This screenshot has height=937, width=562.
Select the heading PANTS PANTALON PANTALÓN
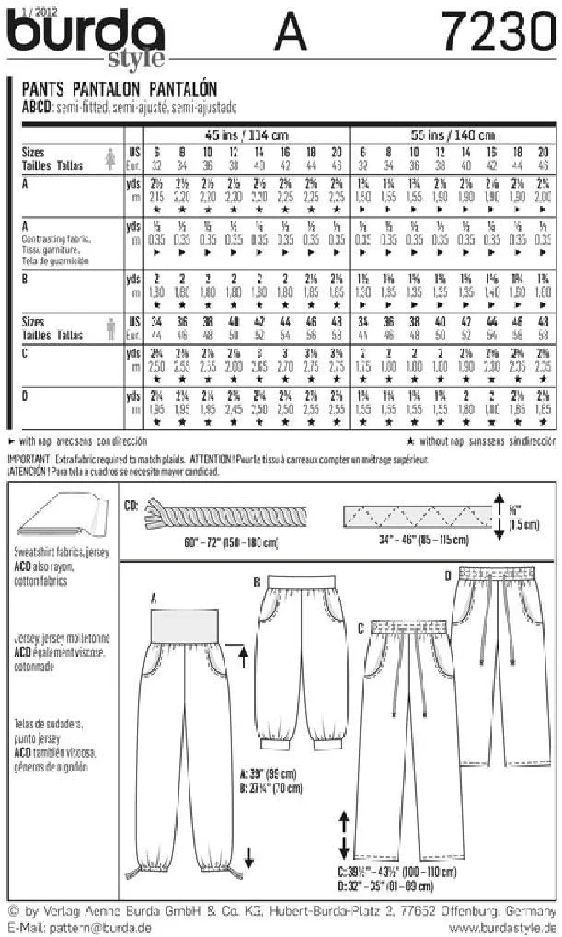[119, 89]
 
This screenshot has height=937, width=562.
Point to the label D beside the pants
[447, 576]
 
